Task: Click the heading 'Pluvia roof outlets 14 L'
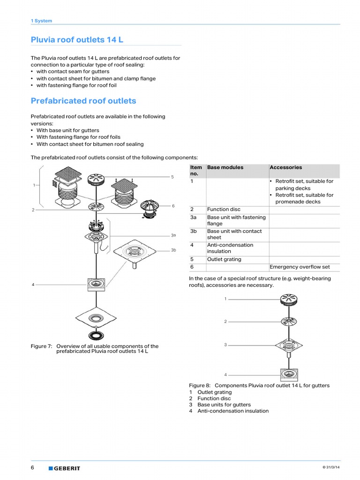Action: (77, 40)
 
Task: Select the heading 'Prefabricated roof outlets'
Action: (83, 101)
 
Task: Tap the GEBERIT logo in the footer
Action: (64, 468)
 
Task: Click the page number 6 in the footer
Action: (33, 468)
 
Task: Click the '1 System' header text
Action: (41, 21)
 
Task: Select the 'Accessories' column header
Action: (286, 167)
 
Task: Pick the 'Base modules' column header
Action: (225, 167)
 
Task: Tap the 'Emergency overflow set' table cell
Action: (300, 267)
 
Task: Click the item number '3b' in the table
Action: (194, 231)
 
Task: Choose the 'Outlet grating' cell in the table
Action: (224, 259)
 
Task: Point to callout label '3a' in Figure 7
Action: (173, 235)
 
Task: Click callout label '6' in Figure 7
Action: (173, 206)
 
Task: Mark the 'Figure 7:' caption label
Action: (41, 346)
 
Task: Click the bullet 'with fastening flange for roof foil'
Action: (76, 85)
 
